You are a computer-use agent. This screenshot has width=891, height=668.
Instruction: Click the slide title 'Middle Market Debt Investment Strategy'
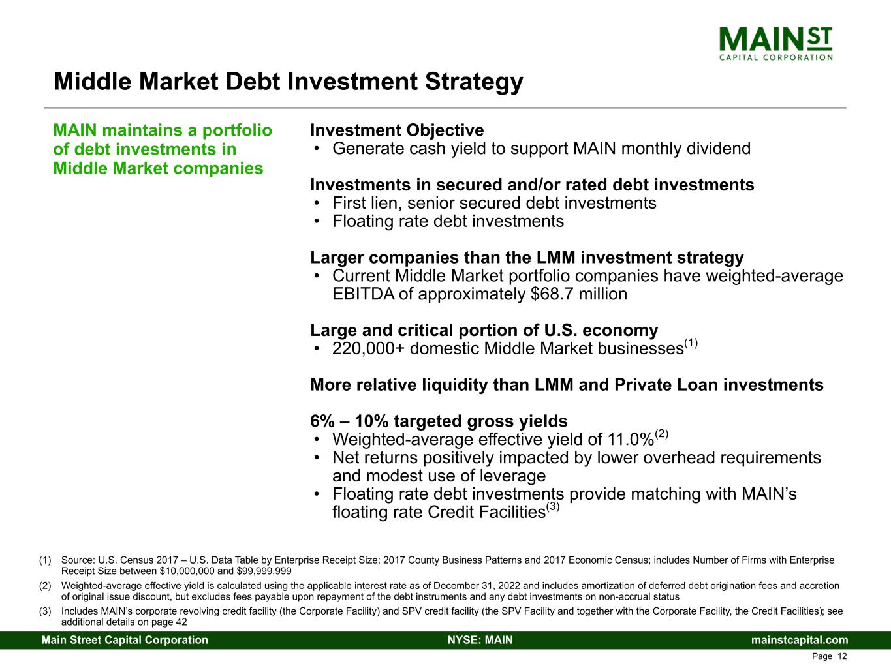(288, 82)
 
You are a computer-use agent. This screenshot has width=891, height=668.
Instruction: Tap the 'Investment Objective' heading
(397, 130)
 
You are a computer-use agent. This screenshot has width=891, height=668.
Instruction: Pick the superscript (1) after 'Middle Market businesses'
(691, 343)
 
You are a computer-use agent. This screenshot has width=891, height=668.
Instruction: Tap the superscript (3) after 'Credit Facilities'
(553, 507)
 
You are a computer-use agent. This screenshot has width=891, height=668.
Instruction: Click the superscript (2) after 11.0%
(662, 434)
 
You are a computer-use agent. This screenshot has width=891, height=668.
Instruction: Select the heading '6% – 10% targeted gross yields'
(439, 421)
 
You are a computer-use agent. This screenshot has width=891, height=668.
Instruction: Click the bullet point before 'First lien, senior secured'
(317, 204)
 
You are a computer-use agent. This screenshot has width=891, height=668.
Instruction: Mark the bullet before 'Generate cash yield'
(317, 149)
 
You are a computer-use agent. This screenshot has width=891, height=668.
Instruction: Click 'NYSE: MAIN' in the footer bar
(480, 640)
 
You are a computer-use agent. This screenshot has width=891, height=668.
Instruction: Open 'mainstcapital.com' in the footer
(800, 640)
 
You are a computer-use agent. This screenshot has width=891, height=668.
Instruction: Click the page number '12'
(842, 656)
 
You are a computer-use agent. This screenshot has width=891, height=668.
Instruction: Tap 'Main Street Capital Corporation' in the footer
(125, 640)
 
